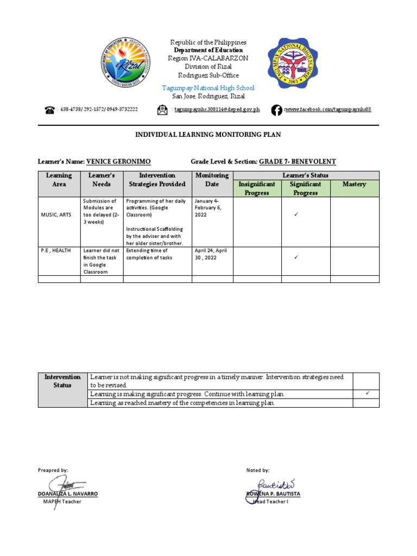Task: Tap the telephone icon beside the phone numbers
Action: pyautogui.click(x=50, y=110)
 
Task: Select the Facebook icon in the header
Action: pyautogui.click(x=276, y=110)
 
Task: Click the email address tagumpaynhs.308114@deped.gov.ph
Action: pyautogui.click(x=217, y=110)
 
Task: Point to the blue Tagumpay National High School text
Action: pyautogui.click(x=208, y=88)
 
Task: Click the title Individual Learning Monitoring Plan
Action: pyautogui.click(x=208, y=135)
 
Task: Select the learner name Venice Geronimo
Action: pyautogui.click(x=118, y=162)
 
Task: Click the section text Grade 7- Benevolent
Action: pyautogui.click(x=297, y=162)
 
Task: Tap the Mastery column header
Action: pyautogui.click(x=354, y=185)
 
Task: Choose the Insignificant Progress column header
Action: pyautogui.click(x=257, y=188)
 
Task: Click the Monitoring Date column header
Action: pyautogui.click(x=212, y=180)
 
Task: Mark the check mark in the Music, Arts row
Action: pyautogui.click(x=296, y=215)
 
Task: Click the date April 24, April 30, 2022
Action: pyautogui.click(x=211, y=254)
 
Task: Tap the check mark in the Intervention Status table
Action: pyautogui.click(x=366, y=393)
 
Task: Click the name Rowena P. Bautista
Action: pyautogui.click(x=273, y=494)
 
